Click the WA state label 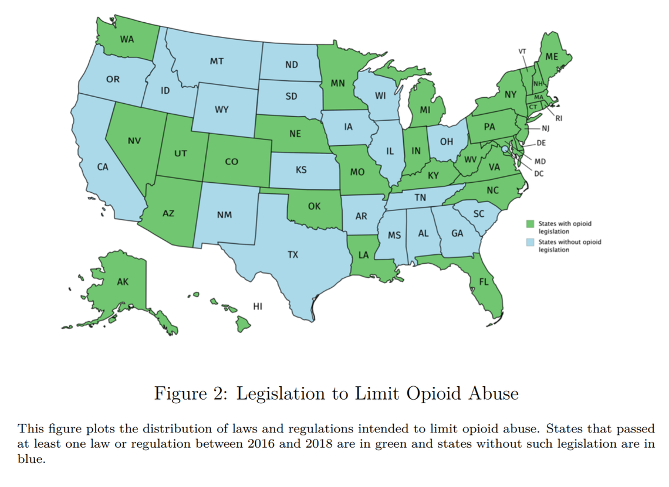pyautogui.click(x=126, y=40)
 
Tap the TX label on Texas pyautogui.click(x=292, y=255)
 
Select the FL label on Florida pyautogui.click(x=484, y=282)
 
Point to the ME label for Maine pyautogui.click(x=552, y=57)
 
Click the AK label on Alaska pyautogui.click(x=122, y=282)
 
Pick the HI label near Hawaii pyautogui.click(x=257, y=306)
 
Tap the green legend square pyautogui.click(x=531, y=224)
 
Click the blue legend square pyautogui.click(x=531, y=242)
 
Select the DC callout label pyautogui.click(x=539, y=173)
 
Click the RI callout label pyautogui.click(x=559, y=118)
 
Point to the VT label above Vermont pyautogui.click(x=522, y=51)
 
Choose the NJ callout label pyautogui.click(x=545, y=128)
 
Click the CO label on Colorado pyautogui.click(x=231, y=162)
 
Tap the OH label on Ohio pyautogui.click(x=447, y=142)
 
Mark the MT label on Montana pyautogui.click(x=217, y=61)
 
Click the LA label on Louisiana pyautogui.click(x=364, y=255)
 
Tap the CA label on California pyautogui.click(x=103, y=167)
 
